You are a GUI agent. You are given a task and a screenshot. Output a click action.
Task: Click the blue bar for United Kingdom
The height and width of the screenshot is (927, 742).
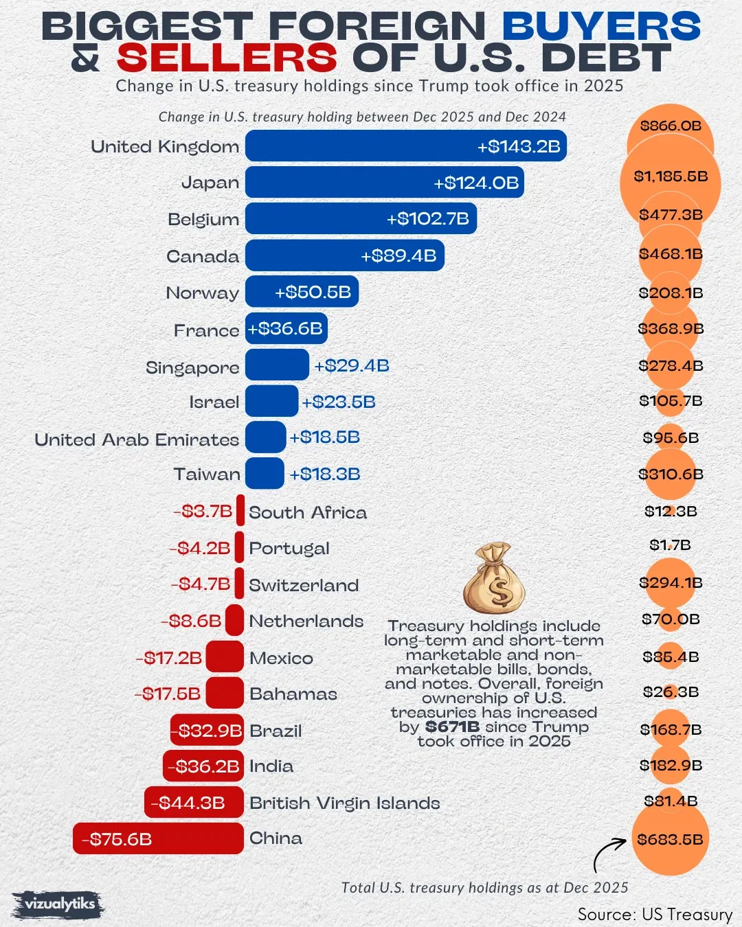click(405, 146)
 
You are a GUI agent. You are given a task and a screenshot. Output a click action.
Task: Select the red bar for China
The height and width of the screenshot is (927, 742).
click(158, 838)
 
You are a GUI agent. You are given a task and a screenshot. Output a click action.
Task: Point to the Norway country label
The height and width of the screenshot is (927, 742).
click(203, 293)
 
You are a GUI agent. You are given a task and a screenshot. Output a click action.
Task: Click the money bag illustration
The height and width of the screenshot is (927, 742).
click(494, 578)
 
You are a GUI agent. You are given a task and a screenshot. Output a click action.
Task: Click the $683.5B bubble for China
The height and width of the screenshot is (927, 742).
click(670, 839)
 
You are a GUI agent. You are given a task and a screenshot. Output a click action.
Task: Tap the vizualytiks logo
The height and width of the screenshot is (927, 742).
click(59, 904)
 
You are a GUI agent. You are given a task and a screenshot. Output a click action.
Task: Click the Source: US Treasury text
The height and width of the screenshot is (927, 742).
click(655, 915)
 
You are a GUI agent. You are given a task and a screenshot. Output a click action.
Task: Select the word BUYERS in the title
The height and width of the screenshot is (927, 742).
click(601, 27)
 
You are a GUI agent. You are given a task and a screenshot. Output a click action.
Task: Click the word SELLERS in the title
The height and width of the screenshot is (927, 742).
click(227, 58)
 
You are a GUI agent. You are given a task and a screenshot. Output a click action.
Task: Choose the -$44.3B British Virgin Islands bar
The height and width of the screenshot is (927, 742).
click(194, 803)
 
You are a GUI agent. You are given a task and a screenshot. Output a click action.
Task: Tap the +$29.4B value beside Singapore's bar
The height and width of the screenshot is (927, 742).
click(352, 365)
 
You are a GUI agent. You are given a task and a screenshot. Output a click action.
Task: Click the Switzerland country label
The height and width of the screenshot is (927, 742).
click(304, 585)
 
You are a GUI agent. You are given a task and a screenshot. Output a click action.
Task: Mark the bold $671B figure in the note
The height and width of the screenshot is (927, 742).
click(452, 726)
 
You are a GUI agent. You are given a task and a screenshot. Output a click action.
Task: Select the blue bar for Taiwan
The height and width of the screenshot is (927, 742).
click(265, 474)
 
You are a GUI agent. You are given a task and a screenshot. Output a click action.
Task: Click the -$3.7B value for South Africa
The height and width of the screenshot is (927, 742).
click(203, 512)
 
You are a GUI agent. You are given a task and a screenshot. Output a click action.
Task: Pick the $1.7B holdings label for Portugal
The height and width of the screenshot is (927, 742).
click(670, 545)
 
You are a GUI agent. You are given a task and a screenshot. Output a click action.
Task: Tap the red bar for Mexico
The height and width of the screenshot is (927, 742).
click(225, 657)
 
